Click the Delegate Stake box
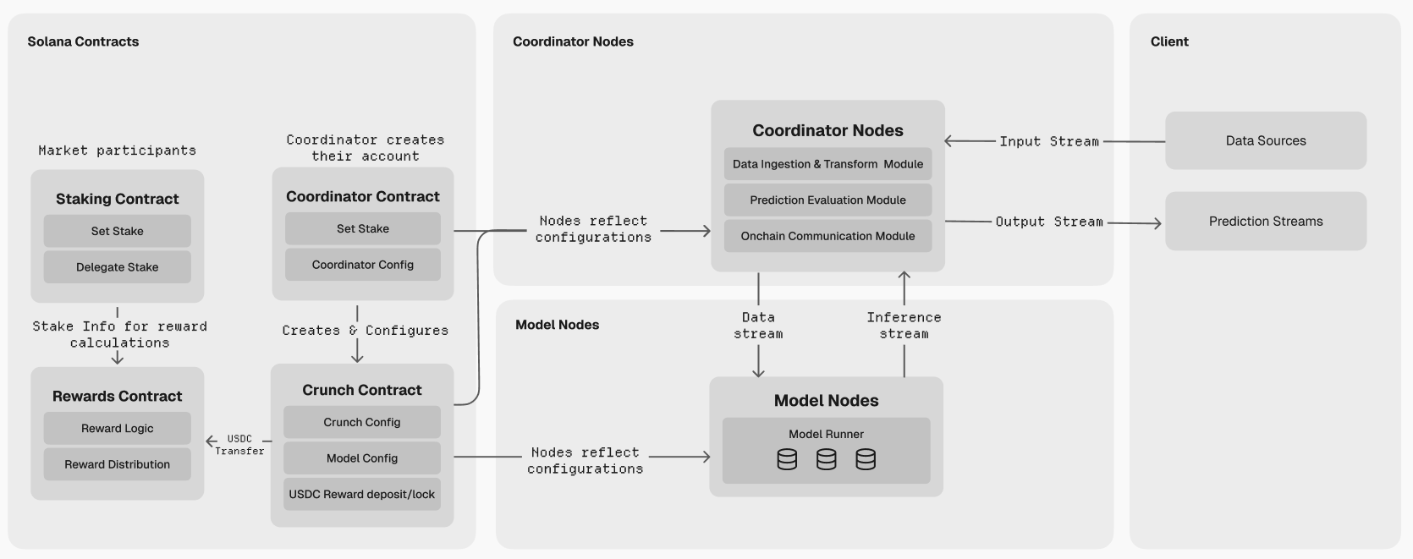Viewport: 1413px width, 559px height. pyautogui.click(x=117, y=267)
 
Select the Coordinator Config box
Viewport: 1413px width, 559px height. pyautogui.click(x=362, y=265)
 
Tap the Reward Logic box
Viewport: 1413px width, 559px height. pyautogui.click(x=117, y=429)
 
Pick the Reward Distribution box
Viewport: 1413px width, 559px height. pyautogui.click(x=117, y=464)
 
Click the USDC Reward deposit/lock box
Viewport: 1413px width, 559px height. pyautogui.click(x=361, y=494)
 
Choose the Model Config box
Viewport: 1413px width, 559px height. pyautogui.click(x=361, y=458)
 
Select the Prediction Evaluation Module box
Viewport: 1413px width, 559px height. pyautogui.click(x=827, y=200)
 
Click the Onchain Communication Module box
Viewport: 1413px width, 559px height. pyautogui.click(x=827, y=236)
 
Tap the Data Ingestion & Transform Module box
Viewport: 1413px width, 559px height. pyautogui.click(x=827, y=164)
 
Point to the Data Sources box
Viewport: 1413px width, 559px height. pyautogui.click(x=1265, y=141)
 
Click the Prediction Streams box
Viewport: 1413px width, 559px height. pyautogui.click(x=1265, y=222)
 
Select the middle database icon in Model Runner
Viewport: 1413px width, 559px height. pyautogui.click(x=826, y=459)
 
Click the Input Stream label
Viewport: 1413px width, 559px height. pyautogui.click(x=1048, y=141)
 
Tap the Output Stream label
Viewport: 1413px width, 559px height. pyautogui.click(x=1048, y=222)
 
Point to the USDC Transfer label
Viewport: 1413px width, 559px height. pyautogui.click(x=239, y=445)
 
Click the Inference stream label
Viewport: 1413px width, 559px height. pyautogui.click(x=904, y=326)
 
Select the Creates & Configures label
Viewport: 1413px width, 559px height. pyautogui.click(x=365, y=331)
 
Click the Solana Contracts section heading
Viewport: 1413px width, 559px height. pyautogui.click(x=83, y=41)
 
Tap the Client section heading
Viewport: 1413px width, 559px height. pyautogui.click(x=1168, y=41)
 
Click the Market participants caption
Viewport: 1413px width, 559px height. pyautogui.click(x=117, y=151)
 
